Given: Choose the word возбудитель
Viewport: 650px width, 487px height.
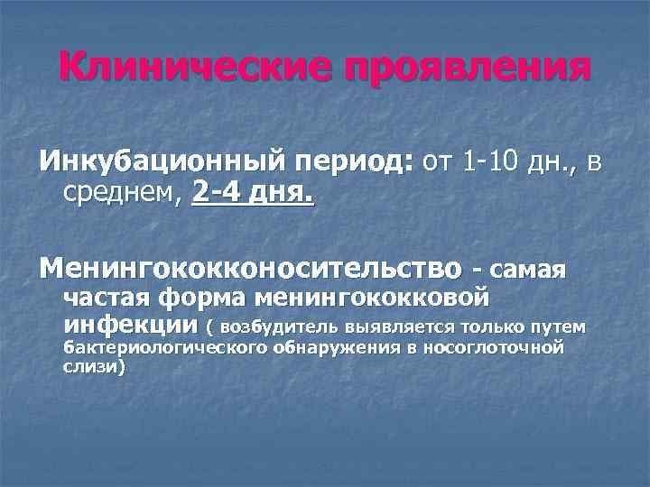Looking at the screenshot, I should tap(280, 326).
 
